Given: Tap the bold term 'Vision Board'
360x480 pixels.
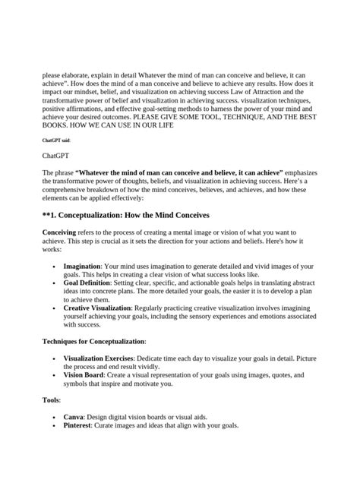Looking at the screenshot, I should click(86, 375).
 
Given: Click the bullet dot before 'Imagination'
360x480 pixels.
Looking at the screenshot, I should click(52, 267).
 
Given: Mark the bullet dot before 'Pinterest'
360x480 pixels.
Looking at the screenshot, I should click(52, 426).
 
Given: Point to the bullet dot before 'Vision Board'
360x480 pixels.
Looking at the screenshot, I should click(52, 375).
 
